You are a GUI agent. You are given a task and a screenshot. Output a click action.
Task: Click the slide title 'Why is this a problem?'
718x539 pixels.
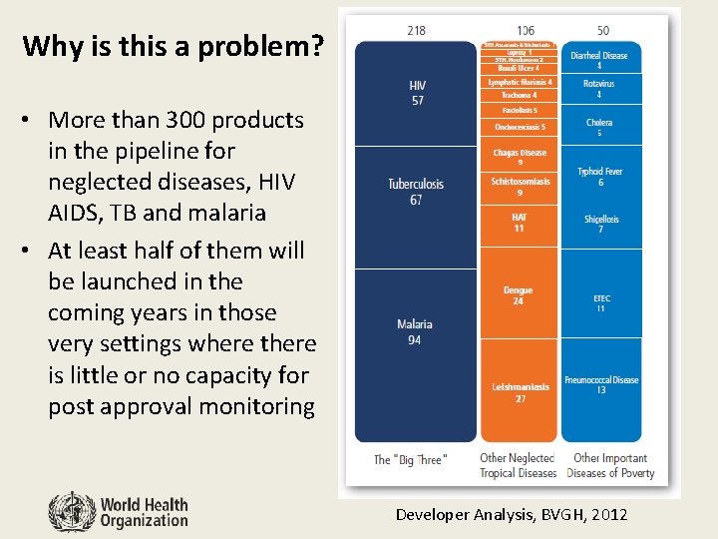173,46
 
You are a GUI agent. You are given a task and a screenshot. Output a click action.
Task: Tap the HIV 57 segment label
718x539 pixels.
417,94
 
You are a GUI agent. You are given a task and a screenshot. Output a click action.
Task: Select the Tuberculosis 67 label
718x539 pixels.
416,192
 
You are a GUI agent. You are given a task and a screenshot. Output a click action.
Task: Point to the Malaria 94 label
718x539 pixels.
415,332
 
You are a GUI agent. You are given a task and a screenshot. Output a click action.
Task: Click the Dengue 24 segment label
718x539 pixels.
519,295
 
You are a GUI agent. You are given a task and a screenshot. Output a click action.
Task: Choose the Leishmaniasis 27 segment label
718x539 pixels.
519,392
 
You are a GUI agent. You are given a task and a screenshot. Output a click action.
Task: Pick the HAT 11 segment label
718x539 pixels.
519,223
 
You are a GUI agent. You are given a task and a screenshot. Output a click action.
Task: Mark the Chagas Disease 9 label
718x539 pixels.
520,158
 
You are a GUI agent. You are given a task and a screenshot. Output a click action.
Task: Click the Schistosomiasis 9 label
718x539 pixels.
520,187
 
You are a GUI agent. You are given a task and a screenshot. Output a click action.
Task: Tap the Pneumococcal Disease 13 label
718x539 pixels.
600,385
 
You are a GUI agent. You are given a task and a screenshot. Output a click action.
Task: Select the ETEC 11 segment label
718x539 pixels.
600,302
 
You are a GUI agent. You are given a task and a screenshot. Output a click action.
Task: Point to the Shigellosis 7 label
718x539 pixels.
600,225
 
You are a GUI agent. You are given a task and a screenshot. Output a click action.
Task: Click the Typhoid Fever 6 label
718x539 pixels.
600,177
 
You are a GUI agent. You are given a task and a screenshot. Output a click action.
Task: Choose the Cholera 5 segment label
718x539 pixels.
600,128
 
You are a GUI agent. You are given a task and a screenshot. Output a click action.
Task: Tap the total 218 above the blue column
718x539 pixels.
416,31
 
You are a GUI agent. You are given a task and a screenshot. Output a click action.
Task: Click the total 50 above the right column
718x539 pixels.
603,31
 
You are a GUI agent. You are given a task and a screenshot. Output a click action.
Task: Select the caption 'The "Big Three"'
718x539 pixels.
411,460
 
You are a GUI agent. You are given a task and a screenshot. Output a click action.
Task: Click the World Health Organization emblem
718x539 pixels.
72,511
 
